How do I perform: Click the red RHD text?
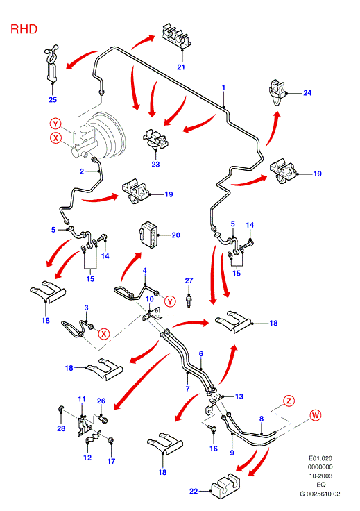(24, 29)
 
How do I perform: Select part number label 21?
(181, 67)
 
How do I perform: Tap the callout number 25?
(53, 99)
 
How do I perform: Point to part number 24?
(307, 93)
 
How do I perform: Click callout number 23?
(155, 164)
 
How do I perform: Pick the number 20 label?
(175, 235)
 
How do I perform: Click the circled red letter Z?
(289, 401)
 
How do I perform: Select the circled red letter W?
(316, 415)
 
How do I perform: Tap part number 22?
(194, 491)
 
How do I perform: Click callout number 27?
(189, 280)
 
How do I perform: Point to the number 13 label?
(239, 396)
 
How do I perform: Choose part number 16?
(213, 449)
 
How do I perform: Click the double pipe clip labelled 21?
(176, 36)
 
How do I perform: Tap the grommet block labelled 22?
(225, 487)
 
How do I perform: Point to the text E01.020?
(320, 458)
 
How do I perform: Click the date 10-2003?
(320, 476)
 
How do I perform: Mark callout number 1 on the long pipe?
(223, 87)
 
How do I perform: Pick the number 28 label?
(61, 428)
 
